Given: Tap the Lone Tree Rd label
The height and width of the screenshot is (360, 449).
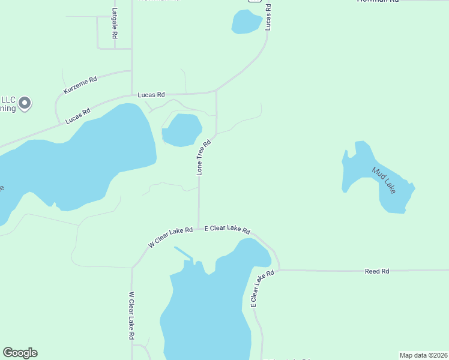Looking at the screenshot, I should point(204,158).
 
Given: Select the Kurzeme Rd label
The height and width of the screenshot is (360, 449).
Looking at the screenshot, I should point(80,85).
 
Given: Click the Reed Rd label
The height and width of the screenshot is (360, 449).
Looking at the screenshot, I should point(377,271).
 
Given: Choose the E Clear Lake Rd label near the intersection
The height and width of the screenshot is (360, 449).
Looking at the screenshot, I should point(227,229).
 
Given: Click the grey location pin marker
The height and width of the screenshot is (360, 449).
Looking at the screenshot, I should point(25,103).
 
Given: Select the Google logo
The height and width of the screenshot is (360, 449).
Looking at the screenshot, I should point(20,353).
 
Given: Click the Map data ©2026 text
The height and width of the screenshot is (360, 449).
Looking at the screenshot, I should point(423,355).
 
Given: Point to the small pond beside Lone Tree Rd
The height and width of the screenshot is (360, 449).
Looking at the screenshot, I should point(182,130).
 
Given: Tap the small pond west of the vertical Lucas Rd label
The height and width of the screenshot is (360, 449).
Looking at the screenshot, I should point(246,22).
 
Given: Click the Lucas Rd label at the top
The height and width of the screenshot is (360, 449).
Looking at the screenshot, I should point(268,16).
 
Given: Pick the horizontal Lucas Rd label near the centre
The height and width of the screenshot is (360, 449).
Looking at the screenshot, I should point(151,95).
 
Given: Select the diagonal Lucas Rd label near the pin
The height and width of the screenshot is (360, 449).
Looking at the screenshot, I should point(78,115).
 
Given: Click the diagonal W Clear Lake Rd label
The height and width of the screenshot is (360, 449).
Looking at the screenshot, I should point(170,237).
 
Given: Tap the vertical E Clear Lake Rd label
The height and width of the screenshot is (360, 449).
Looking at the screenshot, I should point(262,289).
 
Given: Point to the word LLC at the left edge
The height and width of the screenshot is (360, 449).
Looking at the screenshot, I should point(7,100).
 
